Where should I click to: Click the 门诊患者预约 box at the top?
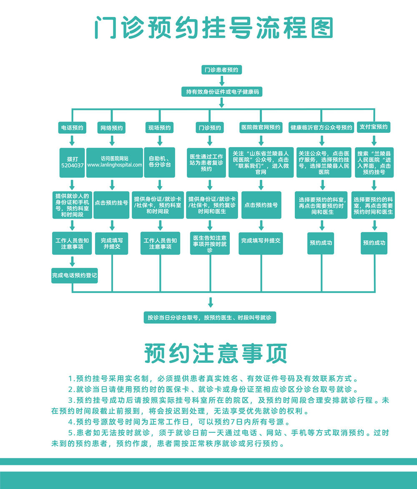coord(221,70)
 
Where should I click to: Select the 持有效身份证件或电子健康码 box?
coord(221,91)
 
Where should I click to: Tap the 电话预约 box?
coord(72,128)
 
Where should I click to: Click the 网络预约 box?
coord(111,128)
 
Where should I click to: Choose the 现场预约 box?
coord(160,128)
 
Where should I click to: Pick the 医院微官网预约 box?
coord(261,127)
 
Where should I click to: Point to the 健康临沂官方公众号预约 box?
coord(321,128)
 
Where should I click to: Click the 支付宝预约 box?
coord(374,127)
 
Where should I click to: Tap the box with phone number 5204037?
coord(72,162)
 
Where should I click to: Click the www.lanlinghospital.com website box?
coord(115,162)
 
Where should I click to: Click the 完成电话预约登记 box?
coord(75,275)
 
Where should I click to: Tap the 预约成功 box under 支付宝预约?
coord(374,243)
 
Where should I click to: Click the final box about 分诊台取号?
coord(210,317)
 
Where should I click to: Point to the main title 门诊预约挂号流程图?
coord(214,27)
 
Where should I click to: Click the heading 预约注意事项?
coord(216,354)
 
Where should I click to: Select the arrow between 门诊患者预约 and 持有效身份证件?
coord(221,81)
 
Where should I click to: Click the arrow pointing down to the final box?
coord(210,302)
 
